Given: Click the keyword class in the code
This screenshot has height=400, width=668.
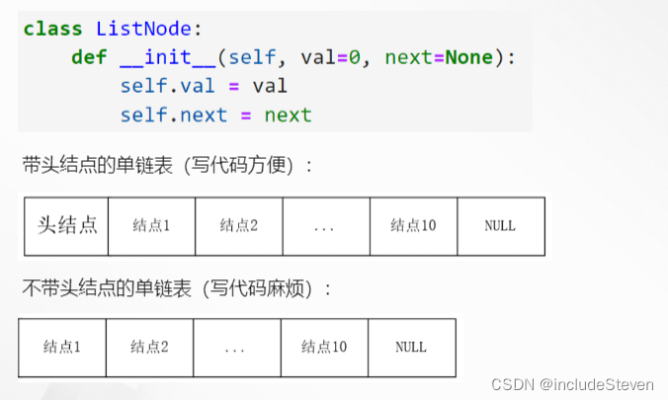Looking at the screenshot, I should tap(53, 29).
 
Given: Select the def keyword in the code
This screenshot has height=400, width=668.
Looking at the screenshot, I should tap(89, 57).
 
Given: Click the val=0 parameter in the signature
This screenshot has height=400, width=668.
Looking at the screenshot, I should tap(319, 57).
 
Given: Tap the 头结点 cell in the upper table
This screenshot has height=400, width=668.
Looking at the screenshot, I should tap(65, 225).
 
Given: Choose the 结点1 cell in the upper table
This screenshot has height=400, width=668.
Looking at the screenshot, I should tap(151, 225).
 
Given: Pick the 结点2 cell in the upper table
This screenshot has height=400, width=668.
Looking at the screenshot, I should tap(238, 225).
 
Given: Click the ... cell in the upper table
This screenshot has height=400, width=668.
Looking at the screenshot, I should tap(325, 225).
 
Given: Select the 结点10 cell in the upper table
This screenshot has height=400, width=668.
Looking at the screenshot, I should tap(413, 225).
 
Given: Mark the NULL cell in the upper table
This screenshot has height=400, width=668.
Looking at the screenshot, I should tap(500, 225).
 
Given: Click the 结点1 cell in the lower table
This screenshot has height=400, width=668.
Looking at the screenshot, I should tap(61, 347).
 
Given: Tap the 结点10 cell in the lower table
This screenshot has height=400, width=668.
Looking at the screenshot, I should tap(323, 347).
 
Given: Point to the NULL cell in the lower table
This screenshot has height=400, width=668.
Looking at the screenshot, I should tap(411, 347).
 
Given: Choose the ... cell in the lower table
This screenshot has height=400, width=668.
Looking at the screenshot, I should tap(235, 347).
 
